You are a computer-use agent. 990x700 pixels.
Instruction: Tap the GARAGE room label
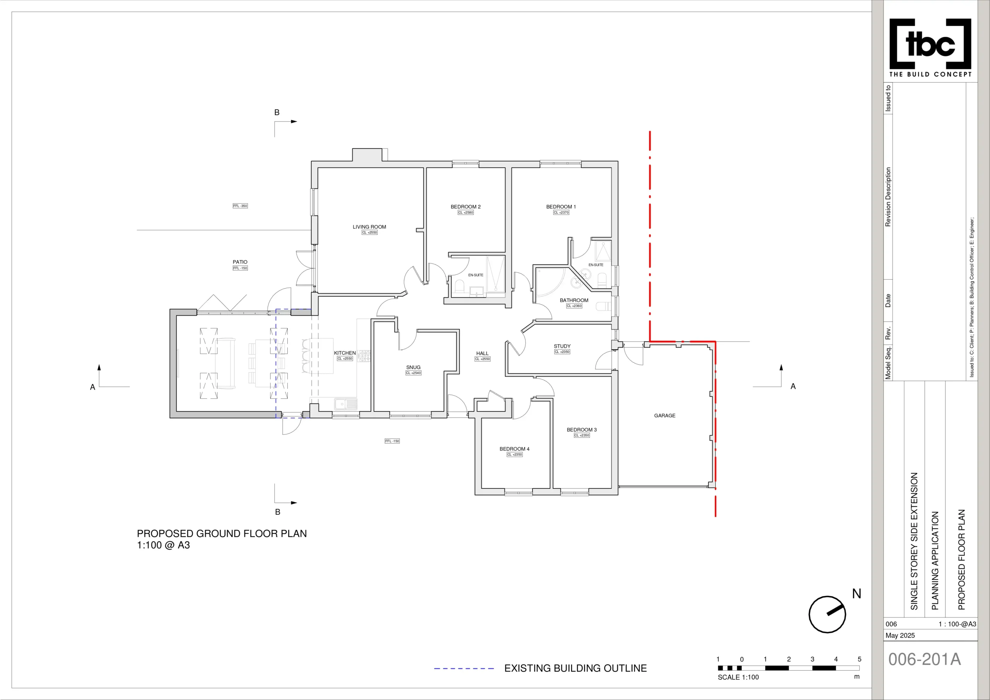(664, 416)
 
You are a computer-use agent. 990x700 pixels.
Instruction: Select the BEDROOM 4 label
(514, 449)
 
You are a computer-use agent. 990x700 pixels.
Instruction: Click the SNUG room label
(413, 367)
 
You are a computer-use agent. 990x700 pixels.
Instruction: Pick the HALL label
(482, 353)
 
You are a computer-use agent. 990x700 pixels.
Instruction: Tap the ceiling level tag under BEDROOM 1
(561, 213)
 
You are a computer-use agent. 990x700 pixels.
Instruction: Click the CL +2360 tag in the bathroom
(574, 306)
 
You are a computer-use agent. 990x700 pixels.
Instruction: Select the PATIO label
(240, 262)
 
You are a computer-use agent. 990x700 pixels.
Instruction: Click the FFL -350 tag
(240, 206)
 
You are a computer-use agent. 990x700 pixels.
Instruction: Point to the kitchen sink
(346, 404)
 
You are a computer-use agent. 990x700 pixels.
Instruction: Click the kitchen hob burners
(364, 355)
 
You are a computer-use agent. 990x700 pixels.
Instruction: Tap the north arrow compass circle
(827, 615)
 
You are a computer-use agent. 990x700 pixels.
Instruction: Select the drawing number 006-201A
(925, 659)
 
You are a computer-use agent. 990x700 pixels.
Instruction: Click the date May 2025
(900, 635)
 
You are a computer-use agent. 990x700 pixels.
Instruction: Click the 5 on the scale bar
(859, 659)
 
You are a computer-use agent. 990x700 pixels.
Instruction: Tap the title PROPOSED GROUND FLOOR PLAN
(222, 534)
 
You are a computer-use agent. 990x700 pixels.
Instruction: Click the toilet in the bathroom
(603, 307)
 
